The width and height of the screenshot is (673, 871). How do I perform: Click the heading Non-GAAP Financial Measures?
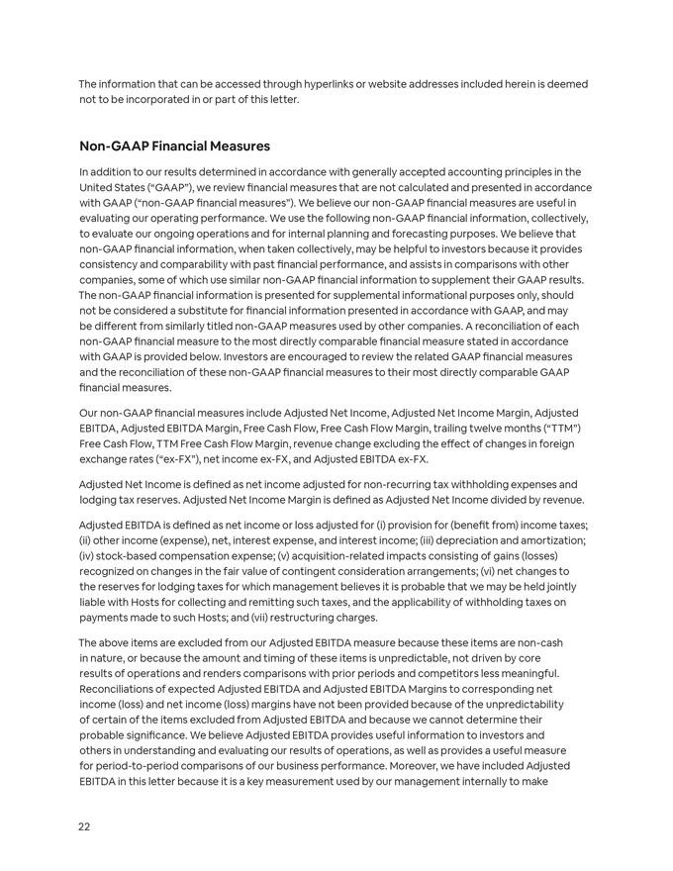pyautogui.click(x=174, y=146)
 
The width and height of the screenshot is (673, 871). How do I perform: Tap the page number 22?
pyautogui.click(x=84, y=826)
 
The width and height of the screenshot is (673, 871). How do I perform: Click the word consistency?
pyautogui.click(x=111, y=264)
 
